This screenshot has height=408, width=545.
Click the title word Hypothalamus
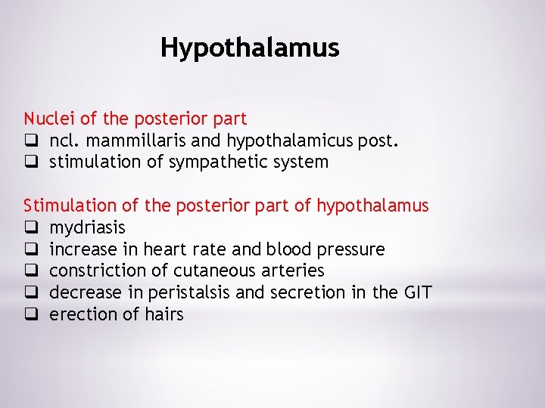250,48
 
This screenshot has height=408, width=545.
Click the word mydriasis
87,227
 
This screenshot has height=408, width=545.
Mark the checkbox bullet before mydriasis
30,227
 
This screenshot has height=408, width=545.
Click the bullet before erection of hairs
30,314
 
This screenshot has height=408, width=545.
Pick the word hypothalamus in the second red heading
372,206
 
